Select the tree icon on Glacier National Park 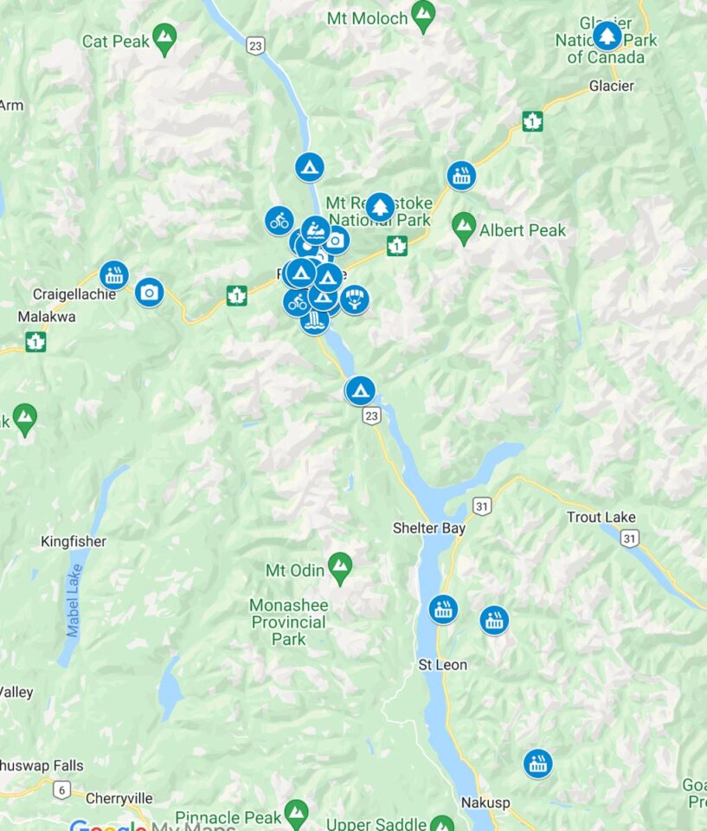pyautogui.click(x=607, y=35)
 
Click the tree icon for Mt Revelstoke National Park pyautogui.click(x=379, y=206)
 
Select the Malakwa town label pyautogui.click(x=47, y=317)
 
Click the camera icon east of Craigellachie pyautogui.click(x=149, y=293)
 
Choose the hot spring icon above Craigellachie pyautogui.click(x=113, y=274)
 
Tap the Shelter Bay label pyautogui.click(x=429, y=528)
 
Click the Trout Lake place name pyautogui.click(x=601, y=517)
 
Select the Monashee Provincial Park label pyautogui.click(x=288, y=622)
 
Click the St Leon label pyautogui.click(x=442, y=665)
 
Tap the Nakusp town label pyautogui.click(x=480, y=802)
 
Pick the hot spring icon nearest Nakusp pyautogui.click(x=537, y=763)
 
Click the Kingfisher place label pyautogui.click(x=74, y=542)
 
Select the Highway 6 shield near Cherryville pyautogui.click(x=61, y=789)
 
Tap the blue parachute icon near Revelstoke pyautogui.click(x=354, y=300)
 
